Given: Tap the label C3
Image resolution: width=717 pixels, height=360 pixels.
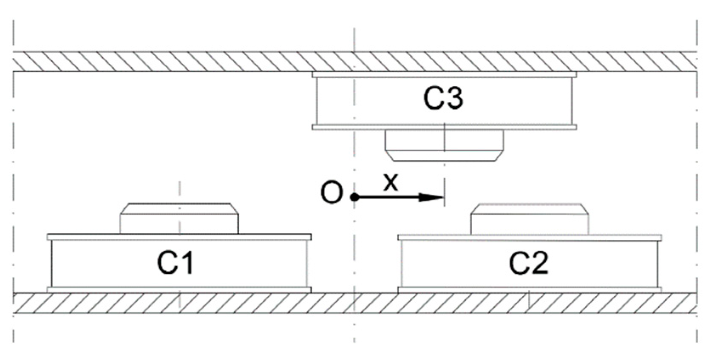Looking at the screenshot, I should [x=443, y=97].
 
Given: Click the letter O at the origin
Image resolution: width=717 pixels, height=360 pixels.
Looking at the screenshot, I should [x=331, y=193].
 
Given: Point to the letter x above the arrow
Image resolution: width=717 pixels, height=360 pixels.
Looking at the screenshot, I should [x=391, y=182].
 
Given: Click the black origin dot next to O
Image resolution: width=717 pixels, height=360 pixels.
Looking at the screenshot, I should [x=354, y=197].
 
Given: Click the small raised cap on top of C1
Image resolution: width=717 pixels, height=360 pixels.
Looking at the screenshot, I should [x=179, y=218].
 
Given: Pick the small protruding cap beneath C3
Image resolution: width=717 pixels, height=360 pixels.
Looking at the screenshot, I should [x=444, y=145].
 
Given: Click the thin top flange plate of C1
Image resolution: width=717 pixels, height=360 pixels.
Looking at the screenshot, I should [x=179, y=237].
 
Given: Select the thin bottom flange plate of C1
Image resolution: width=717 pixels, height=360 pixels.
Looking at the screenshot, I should [x=179, y=290].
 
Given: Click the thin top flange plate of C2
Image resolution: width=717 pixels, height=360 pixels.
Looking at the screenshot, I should [x=530, y=237].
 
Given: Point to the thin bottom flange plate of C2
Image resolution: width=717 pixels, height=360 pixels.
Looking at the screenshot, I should [x=530, y=290].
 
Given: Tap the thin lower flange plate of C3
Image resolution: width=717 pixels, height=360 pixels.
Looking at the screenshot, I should [x=444, y=127].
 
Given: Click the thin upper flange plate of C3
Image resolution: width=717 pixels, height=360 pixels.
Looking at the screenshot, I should [x=444, y=75].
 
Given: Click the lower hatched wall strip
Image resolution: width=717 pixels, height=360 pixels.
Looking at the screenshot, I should [x=255, y=303].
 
